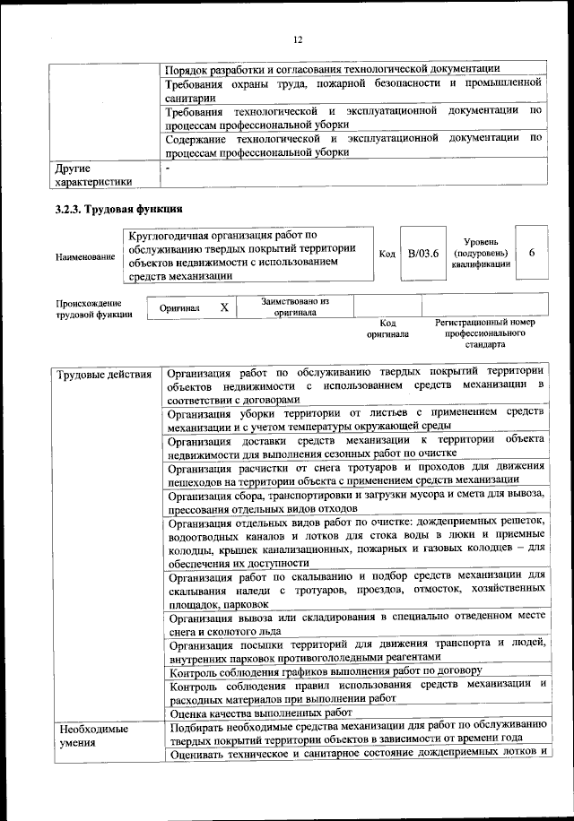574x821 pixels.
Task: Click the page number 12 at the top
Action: tap(298, 39)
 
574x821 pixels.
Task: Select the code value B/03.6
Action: tap(422, 254)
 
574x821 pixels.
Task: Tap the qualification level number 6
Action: tap(532, 254)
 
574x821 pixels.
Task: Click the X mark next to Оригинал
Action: tap(224, 307)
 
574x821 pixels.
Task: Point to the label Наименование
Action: tap(85, 257)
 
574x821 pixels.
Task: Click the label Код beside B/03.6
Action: tap(387, 255)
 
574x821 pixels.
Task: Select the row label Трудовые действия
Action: tap(103, 374)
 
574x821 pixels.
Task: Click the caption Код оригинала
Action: tap(387, 328)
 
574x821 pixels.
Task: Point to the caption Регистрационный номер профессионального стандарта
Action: tap(484, 332)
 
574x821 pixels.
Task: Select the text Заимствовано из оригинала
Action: tap(295, 307)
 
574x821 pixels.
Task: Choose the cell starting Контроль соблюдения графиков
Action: tap(326, 670)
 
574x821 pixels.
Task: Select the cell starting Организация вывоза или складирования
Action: tap(355, 625)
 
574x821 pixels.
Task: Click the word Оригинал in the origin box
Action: tap(179, 307)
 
